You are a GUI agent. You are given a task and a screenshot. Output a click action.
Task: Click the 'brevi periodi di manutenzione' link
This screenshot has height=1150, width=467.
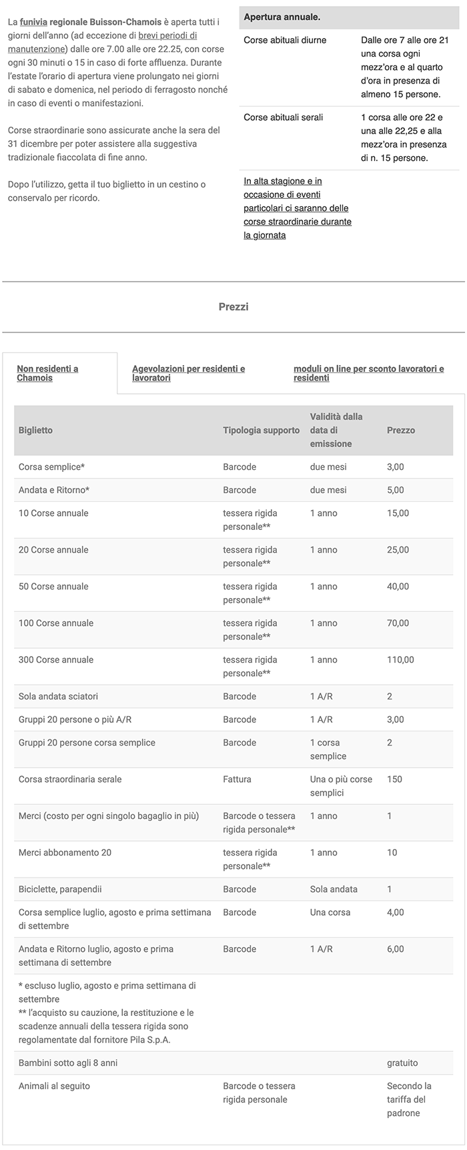click(x=167, y=35)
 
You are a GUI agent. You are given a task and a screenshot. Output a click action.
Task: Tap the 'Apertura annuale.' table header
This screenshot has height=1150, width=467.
click(x=282, y=17)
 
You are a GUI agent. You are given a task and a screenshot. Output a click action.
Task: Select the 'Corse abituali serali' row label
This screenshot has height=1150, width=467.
click(x=283, y=117)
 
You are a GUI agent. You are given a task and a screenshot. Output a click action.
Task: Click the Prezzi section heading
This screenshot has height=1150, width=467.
click(x=233, y=307)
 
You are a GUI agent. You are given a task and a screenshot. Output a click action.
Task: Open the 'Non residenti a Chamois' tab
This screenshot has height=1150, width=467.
click(x=47, y=373)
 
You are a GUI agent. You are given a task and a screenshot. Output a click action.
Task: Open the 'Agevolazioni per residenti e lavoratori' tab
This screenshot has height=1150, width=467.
click(x=188, y=373)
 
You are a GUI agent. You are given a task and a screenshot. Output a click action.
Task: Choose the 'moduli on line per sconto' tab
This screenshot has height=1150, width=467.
click(x=368, y=373)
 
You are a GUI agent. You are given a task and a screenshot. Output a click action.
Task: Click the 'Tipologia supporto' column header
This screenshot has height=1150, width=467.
click(x=261, y=430)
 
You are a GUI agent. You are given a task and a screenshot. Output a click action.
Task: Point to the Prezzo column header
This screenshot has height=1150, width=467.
click(x=400, y=430)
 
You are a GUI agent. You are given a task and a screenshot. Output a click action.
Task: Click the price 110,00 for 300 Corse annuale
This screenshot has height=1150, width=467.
click(x=400, y=660)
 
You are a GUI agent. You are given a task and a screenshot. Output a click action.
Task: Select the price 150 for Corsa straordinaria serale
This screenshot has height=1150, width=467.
click(x=394, y=780)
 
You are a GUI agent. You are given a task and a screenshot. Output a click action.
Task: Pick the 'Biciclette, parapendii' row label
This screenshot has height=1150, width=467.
click(x=60, y=890)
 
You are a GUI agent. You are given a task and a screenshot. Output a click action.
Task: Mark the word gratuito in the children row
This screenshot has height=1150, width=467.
click(x=402, y=1063)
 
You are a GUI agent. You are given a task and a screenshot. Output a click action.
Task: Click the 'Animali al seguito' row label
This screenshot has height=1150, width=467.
click(x=54, y=1087)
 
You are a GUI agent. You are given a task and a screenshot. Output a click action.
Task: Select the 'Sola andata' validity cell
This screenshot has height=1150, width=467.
click(x=334, y=890)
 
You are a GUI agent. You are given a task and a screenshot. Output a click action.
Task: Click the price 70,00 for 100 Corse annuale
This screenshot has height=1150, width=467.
click(x=398, y=623)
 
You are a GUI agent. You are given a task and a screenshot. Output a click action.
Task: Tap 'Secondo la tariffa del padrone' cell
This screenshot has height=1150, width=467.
click(x=409, y=1099)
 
